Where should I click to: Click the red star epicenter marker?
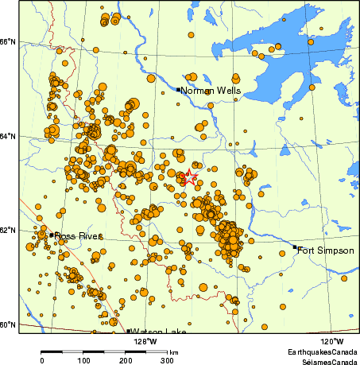click(189, 178)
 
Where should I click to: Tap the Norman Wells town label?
click(211, 91)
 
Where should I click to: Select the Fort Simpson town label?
click(326, 250)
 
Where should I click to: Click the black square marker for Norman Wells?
click(178, 89)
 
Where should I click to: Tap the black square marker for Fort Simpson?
click(294, 247)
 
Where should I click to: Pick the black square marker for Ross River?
click(52, 235)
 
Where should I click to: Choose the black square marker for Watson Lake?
click(128, 331)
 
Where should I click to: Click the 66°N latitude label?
click(8, 41)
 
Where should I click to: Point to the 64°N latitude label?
click(8, 136)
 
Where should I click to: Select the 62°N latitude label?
click(8, 231)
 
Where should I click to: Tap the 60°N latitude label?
click(8, 325)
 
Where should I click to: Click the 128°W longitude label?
click(145, 341)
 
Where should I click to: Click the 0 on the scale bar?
click(41, 360)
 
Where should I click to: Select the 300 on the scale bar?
click(168, 360)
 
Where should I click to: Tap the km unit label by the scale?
click(173, 351)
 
